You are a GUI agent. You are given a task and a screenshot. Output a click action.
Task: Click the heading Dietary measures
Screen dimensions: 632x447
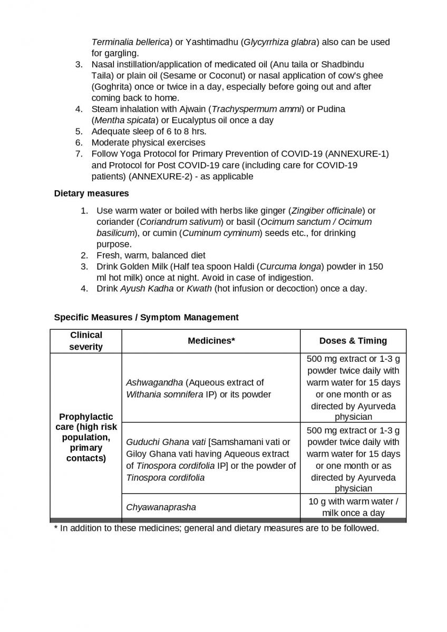point(91,193)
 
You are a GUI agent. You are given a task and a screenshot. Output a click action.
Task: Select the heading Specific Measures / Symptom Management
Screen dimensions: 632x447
point(146,317)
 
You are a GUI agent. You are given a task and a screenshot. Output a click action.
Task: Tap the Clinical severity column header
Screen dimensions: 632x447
point(86,341)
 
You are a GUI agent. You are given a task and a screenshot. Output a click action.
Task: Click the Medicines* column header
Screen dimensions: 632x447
point(211,341)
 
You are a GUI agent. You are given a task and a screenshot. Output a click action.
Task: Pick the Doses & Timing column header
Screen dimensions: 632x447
point(353,341)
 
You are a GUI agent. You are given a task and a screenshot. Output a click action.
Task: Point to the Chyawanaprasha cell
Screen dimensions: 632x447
point(161,507)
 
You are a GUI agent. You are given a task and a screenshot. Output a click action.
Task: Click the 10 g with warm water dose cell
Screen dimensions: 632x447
point(353,507)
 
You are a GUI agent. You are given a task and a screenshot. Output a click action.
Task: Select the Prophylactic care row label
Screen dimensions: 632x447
point(86,437)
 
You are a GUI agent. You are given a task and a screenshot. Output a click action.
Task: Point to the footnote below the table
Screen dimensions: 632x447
point(216,528)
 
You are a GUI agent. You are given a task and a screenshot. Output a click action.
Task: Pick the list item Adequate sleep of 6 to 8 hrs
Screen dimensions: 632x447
point(149,131)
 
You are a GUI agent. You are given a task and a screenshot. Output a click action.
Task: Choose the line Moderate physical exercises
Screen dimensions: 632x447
point(148,142)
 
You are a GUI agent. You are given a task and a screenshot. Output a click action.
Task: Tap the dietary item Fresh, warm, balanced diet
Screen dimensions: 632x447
point(151,255)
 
